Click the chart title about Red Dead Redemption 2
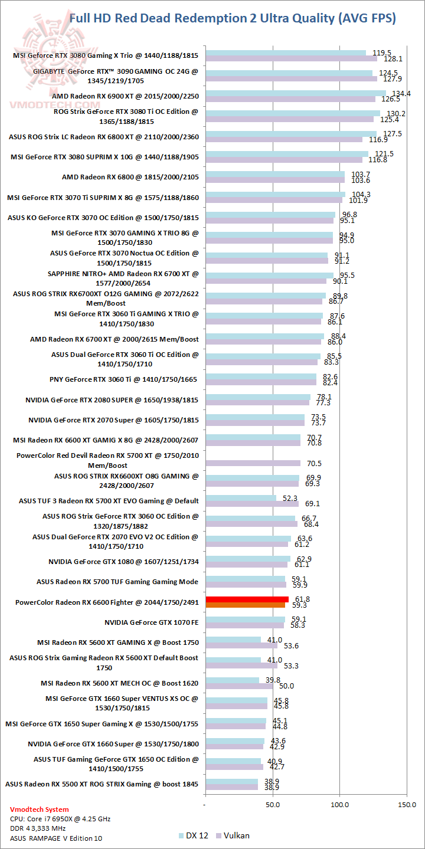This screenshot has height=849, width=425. pyautogui.click(x=233, y=18)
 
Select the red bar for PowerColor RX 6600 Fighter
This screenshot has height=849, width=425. pyautogui.click(x=247, y=599)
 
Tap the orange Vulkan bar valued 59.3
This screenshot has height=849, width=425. pyautogui.click(x=245, y=605)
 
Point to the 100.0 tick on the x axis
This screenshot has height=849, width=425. pyautogui.click(x=340, y=804)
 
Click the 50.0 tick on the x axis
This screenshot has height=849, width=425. pyautogui.click(x=273, y=804)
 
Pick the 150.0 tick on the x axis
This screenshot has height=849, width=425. pyautogui.click(x=407, y=804)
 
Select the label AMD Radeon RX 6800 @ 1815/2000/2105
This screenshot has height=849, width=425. pyautogui.click(x=130, y=177)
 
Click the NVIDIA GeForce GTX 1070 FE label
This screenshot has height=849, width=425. pyautogui.click(x=152, y=622)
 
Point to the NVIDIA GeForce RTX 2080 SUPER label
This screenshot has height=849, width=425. pyautogui.click(x=112, y=400)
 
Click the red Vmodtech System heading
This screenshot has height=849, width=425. pyautogui.click(x=40, y=809)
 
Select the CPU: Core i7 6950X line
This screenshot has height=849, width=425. pyautogui.click(x=60, y=819)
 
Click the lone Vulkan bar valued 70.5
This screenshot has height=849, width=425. pyautogui.click(x=253, y=463)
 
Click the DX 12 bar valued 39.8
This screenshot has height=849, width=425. pyautogui.click(x=232, y=680)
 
